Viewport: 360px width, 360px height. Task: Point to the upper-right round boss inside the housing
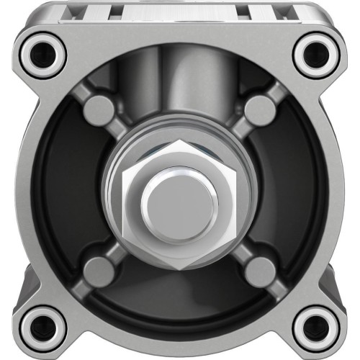coord(259,110)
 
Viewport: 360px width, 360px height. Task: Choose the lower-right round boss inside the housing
coord(259,271)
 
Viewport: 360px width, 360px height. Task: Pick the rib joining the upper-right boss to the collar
coord(240,130)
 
